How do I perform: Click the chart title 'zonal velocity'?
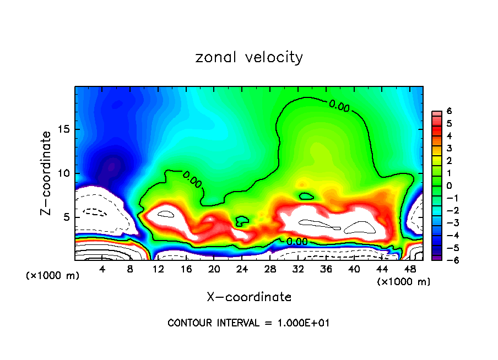tap(249, 57)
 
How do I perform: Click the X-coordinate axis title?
tap(249, 297)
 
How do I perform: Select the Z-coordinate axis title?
tap(48, 173)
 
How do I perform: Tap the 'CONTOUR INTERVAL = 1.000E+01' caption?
tap(248, 323)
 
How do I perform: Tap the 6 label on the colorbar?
tap(449, 111)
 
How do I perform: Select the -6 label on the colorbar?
tap(447, 260)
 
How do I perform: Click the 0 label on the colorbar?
tap(449, 186)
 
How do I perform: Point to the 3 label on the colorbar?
tap(449, 148)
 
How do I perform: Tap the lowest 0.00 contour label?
tap(297, 241)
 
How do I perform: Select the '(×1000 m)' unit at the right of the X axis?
tap(404, 282)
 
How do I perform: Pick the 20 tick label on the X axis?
tap(214, 269)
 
